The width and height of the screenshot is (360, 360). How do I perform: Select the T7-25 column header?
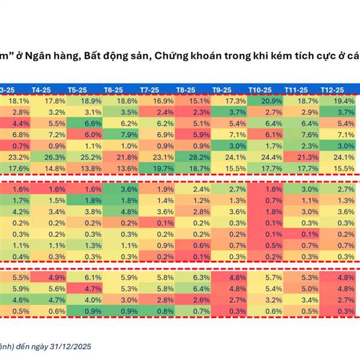click(x=149, y=89)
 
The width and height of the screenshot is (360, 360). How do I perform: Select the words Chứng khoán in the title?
click(x=183, y=56)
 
